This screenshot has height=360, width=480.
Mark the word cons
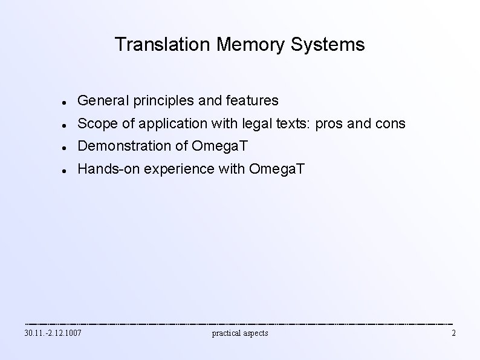(x=392, y=124)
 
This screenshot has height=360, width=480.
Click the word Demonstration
(x=126, y=146)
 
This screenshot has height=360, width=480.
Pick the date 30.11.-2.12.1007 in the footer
(x=53, y=333)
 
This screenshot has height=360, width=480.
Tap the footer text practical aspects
(x=240, y=333)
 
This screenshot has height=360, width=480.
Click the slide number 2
(x=453, y=333)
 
